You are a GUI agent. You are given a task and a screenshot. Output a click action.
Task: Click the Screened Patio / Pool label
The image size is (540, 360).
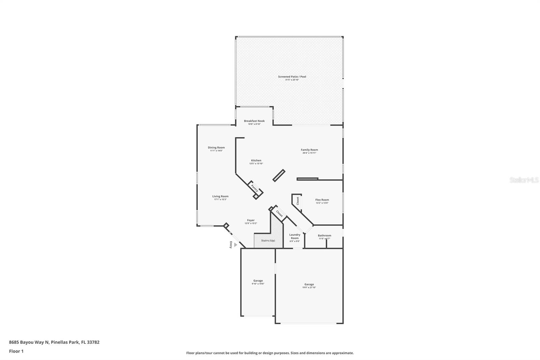click(x=292, y=77)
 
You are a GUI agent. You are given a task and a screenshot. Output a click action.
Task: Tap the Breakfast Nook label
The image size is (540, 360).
click(x=254, y=121)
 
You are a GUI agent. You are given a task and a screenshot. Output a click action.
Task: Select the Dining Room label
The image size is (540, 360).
click(x=216, y=148)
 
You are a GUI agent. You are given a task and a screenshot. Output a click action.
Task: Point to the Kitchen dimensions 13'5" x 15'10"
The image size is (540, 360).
click(x=256, y=164)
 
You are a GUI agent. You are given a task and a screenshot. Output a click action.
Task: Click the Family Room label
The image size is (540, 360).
click(x=309, y=150)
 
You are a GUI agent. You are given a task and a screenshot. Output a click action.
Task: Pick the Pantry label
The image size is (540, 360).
click(x=254, y=188)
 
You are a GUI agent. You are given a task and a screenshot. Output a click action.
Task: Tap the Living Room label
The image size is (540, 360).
click(x=220, y=196)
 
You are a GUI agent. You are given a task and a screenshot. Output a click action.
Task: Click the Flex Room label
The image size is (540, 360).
click(x=322, y=200)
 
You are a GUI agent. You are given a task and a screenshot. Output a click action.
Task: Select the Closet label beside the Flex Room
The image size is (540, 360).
click(x=298, y=201)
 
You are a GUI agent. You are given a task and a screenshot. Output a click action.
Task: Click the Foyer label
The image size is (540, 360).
click(x=250, y=220)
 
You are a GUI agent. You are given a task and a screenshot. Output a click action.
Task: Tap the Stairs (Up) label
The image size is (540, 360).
click(x=268, y=240)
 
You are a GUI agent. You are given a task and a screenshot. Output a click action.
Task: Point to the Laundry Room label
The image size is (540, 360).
click(x=295, y=236)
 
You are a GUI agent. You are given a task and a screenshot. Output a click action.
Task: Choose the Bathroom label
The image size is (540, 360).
click(x=324, y=235)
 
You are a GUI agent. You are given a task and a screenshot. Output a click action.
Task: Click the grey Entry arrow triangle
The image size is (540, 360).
click(x=236, y=245)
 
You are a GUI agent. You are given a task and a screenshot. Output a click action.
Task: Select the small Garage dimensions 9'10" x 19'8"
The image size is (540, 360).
click(x=258, y=284)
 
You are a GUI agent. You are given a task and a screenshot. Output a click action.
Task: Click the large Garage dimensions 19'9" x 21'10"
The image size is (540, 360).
click(x=309, y=288)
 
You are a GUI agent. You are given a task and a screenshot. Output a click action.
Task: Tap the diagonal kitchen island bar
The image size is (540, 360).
click(x=279, y=176)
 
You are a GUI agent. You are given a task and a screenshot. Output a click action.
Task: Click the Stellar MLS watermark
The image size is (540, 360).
click(x=524, y=180)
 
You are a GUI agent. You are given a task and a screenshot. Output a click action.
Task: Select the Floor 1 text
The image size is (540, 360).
click(x=16, y=351)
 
